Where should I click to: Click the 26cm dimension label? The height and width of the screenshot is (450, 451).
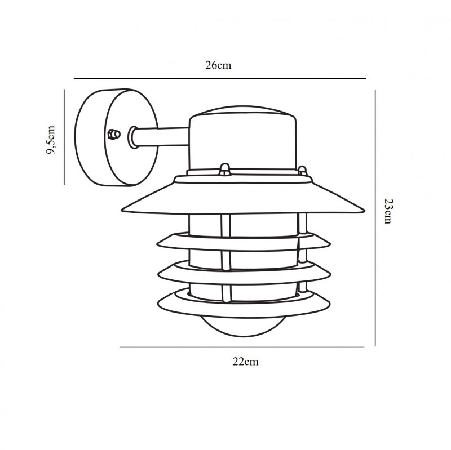[x=218, y=65]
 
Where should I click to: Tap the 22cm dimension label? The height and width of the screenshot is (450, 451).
[x=245, y=362]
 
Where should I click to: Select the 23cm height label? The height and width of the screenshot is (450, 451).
[x=388, y=211]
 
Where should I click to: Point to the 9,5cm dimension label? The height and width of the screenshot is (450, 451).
[x=51, y=140]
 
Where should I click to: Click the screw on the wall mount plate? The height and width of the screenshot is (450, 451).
[x=113, y=135]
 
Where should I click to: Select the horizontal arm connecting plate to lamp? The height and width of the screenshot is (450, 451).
[x=163, y=137]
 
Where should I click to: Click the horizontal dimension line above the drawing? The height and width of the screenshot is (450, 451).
[x=220, y=78]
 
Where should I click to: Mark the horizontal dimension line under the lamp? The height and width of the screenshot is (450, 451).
[x=242, y=347]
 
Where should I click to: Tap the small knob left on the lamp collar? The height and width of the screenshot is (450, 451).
[x=224, y=168]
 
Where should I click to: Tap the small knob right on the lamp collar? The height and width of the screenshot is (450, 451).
[x=302, y=170]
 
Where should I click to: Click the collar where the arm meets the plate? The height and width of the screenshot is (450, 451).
[x=133, y=137]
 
